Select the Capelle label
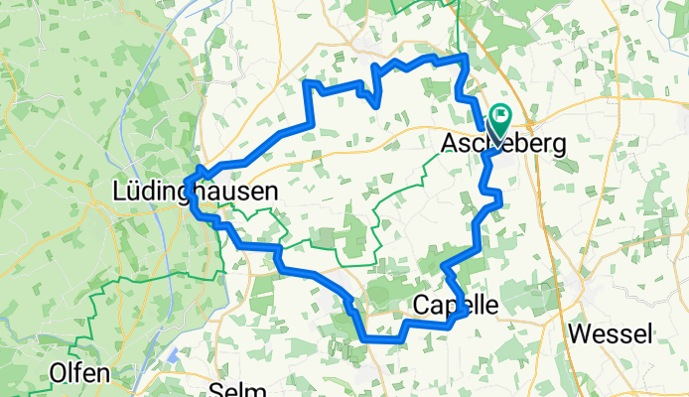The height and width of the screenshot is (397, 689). click(454, 302)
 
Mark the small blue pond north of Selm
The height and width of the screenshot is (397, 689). click(174, 354)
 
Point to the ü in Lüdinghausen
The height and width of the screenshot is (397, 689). click(134, 189)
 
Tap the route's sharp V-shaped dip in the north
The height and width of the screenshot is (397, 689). click(376, 102)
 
